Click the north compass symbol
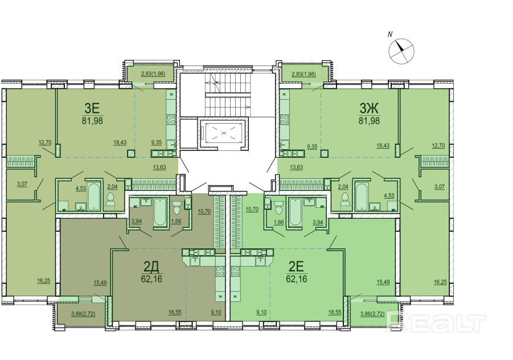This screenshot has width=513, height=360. tap(401, 51)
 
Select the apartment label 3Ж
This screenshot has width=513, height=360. tap(369, 108)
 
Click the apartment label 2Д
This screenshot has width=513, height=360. tap(151, 268)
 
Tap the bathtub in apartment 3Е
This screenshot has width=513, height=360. tap(94, 196)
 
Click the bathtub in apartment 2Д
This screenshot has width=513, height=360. tap(160, 212)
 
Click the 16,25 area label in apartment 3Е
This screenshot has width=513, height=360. tap(43, 281)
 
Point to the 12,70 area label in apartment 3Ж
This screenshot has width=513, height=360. tap(438, 146)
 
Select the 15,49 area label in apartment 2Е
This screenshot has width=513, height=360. tap(383, 282)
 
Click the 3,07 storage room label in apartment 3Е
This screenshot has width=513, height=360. tap(22, 184)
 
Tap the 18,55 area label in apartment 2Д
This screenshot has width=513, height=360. tap(175, 313)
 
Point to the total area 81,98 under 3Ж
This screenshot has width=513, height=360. tap(369, 121)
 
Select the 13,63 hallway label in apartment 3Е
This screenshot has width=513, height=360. tap(159, 167)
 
